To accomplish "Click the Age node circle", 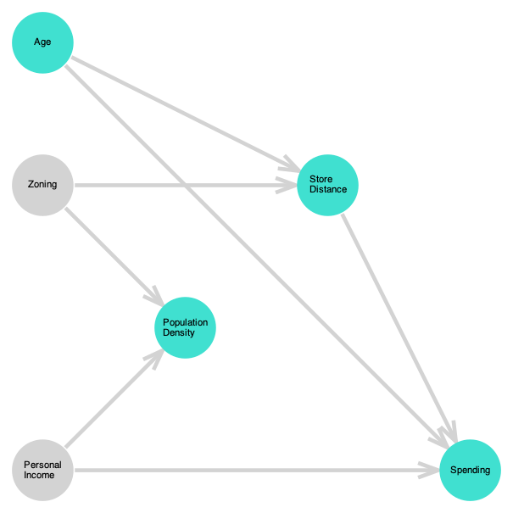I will coord(42,42).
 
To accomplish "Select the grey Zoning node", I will coord(42,185).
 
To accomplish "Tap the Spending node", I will coord(470,470).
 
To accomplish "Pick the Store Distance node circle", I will coord(327,185).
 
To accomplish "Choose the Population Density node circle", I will coord(185,327).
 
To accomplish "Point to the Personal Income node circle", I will coord(42,470).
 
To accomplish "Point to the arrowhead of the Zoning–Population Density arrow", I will coord(155,298).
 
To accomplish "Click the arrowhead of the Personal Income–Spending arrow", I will coord(429,470).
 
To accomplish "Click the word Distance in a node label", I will coord(328,190).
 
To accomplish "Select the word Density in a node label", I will coord(179,332).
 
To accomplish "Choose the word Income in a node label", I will coord(39,475).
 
